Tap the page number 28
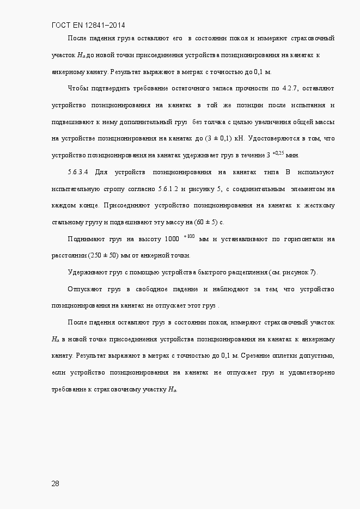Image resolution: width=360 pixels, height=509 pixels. (56, 483)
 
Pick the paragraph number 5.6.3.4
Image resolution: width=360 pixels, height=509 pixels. (79, 172)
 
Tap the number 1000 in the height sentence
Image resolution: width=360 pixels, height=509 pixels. (172, 239)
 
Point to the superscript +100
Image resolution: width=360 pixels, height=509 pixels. (190, 236)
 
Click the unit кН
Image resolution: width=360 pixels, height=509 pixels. (239, 138)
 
